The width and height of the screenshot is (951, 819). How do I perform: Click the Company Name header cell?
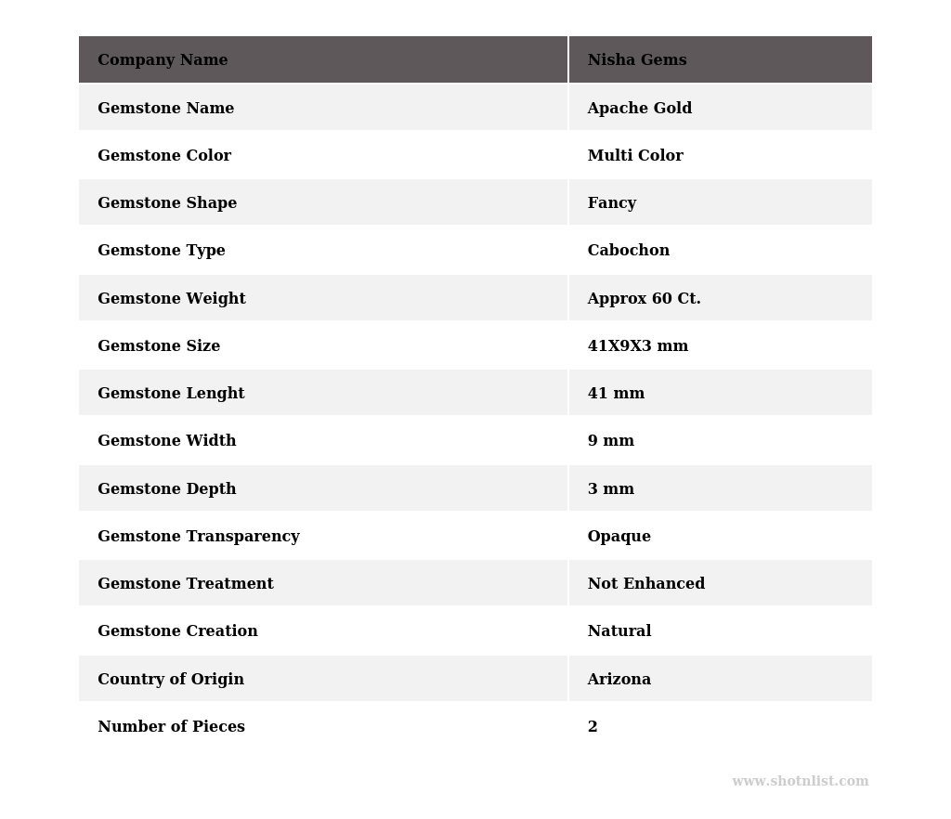click(x=163, y=60)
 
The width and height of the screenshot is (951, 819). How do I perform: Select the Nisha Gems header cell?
click(x=637, y=60)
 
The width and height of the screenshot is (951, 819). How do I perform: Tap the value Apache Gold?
click(x=639, y=109)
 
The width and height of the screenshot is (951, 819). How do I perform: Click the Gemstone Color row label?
click(x=164, y=156)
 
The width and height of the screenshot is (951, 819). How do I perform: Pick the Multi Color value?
click(x=635, y=156)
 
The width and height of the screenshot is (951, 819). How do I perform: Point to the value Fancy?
click(x=612, y=203)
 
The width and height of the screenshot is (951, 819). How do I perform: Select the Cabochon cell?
click(x=628, y=251)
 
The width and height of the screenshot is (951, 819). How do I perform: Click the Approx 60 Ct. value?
click(x=644, y=299)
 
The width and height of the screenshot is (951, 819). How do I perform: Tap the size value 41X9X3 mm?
click(x=637, y=346)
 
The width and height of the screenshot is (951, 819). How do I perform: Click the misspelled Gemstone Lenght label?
click(x=171, y=394)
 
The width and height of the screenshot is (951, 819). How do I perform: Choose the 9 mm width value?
click(x=610, y=441)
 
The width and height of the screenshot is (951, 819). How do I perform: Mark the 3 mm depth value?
click(x=610, y=489)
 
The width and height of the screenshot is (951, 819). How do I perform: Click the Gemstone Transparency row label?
click(x=198, y=537)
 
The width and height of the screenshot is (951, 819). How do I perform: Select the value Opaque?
click(x=619, y=537)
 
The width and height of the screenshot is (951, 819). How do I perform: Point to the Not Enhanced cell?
click(x=645, y=584)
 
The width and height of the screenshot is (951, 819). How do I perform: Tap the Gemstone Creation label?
click(x=177, y=631)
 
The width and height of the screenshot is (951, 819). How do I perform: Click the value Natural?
click(x=619, y=631)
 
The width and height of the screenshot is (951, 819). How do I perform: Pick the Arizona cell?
click(x=619, y=680)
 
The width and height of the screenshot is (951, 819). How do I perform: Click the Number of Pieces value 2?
click(x=593, y=727)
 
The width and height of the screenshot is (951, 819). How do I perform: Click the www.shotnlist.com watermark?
click(x=800, y=782)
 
